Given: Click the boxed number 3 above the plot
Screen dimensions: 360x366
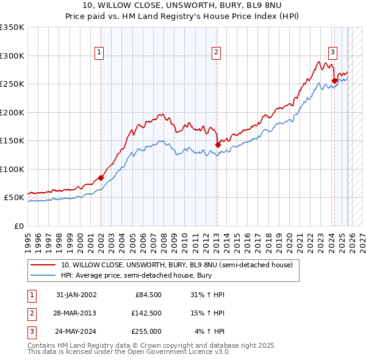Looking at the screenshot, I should click(332, 52).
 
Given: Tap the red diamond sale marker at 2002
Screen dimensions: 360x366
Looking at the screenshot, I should click(101, 178).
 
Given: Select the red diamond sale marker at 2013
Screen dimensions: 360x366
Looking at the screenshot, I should click(218, 145).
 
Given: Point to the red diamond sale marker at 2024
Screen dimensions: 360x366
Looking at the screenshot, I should click(334, 81).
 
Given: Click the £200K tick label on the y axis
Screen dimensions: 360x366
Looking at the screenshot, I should click(12, 112).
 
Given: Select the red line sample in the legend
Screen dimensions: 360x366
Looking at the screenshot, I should click(44, 265).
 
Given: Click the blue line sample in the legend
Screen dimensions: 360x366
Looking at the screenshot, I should click(44, 276).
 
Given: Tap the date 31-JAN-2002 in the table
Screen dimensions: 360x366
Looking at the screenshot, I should click(76, 295).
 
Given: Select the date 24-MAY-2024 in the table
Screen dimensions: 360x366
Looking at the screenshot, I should click(76, 331).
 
